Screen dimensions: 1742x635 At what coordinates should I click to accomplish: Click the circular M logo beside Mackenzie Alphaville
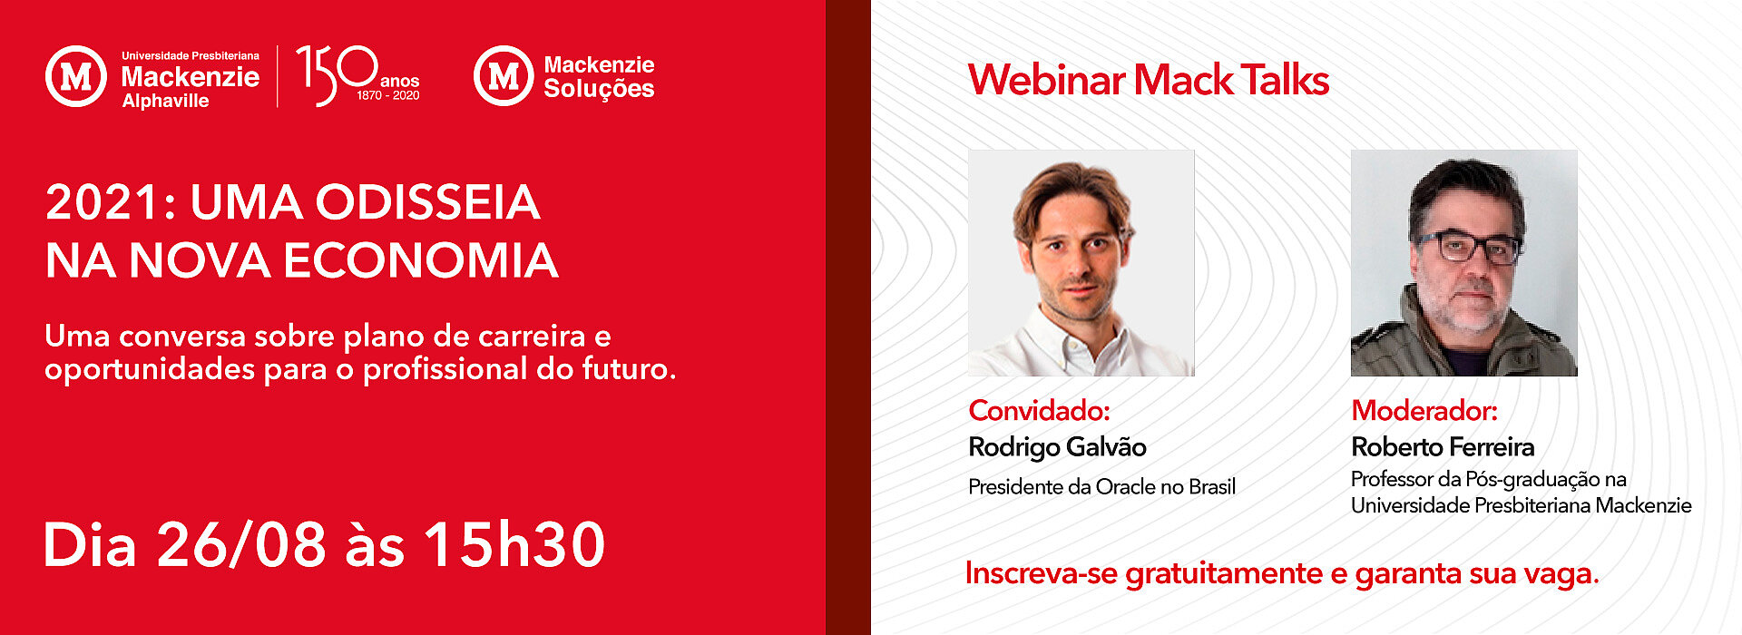click(x=76, y=76)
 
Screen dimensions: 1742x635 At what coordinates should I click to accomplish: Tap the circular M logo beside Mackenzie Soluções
click(x=504, y=76)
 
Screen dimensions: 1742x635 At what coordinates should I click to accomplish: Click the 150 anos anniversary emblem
click(x=357, y=75)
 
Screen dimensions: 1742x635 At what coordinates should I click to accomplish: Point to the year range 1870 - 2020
click(x=387, y=95)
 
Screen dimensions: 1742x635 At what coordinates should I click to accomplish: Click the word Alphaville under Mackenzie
click(x=165, y=101)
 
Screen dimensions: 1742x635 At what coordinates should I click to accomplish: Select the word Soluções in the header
click(x=599, y=89)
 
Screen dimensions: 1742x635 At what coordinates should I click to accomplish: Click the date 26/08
click(x=241, y=545)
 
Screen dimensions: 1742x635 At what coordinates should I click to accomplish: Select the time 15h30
click(x=514, y=545)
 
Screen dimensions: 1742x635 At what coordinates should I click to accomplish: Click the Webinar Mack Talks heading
click(x=1149, y=80)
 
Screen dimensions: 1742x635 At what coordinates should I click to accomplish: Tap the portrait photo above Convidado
click(x=1081, y=263)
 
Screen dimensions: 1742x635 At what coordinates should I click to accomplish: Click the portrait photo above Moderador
click(x=1464, y=263)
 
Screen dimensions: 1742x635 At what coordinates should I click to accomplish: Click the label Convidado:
click(x=1039, y=411)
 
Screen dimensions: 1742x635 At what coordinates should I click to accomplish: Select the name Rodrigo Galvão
click(x=1057, y=447)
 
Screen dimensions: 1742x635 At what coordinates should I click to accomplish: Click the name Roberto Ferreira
click(x=1443, y=447)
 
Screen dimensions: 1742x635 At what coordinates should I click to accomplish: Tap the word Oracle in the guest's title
click(x=1125, y=487)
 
